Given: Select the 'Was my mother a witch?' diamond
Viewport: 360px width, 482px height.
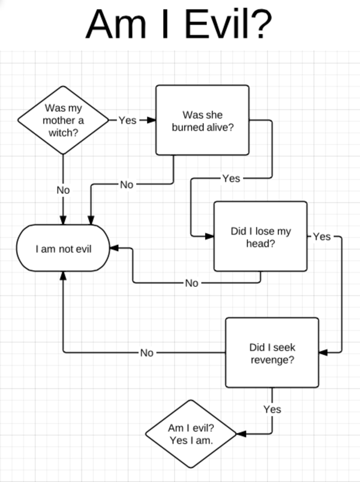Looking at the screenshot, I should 63,120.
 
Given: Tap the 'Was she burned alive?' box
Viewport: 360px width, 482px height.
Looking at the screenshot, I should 202,120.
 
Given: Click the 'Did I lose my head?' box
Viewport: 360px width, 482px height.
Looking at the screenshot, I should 260,236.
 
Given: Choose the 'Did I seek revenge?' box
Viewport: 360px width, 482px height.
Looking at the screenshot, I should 272,353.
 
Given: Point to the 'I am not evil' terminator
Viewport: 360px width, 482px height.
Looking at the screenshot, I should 63,248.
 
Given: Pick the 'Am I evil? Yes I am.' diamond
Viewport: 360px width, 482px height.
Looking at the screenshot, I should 191,433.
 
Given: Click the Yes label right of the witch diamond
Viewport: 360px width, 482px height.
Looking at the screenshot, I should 127,120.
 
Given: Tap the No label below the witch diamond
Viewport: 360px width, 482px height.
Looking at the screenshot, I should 63,190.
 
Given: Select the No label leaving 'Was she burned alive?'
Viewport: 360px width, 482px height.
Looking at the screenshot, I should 126,184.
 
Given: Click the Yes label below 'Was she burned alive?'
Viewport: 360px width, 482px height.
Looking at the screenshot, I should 231,178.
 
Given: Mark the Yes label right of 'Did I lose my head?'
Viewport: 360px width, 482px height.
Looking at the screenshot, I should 322,236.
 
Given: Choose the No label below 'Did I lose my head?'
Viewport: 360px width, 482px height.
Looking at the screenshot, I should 191,283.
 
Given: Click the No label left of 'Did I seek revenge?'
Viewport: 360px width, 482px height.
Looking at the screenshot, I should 146,353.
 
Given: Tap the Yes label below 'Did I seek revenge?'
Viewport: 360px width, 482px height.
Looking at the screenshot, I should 272,409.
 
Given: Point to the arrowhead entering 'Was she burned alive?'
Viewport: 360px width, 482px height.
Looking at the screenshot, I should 152,120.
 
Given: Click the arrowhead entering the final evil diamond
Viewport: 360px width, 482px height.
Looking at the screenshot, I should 242,433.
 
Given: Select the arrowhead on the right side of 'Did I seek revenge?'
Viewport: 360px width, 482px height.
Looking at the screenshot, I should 323,353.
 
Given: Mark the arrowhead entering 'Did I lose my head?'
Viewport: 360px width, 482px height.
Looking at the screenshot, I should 209,236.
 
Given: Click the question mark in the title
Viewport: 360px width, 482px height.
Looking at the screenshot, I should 259,24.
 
